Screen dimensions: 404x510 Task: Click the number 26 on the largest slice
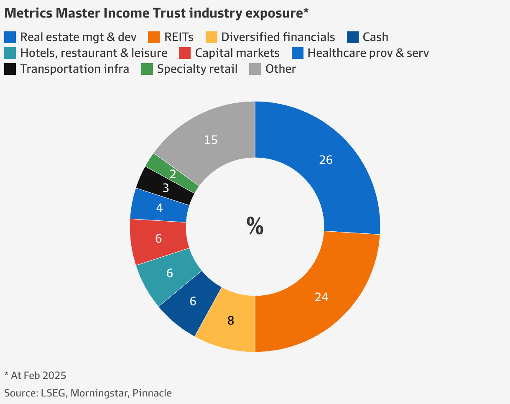326,160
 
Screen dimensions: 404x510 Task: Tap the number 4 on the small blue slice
159,207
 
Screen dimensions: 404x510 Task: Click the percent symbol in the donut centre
255,226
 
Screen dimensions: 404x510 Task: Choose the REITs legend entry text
179,37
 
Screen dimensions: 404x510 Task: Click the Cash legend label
375,37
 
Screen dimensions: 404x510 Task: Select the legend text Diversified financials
278,37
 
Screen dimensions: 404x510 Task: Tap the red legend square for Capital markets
185,53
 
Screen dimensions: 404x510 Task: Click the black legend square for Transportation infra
10,69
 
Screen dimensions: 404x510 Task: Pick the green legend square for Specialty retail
147,69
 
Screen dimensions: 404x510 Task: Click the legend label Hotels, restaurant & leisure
94,53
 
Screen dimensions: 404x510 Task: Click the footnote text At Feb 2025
38,375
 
